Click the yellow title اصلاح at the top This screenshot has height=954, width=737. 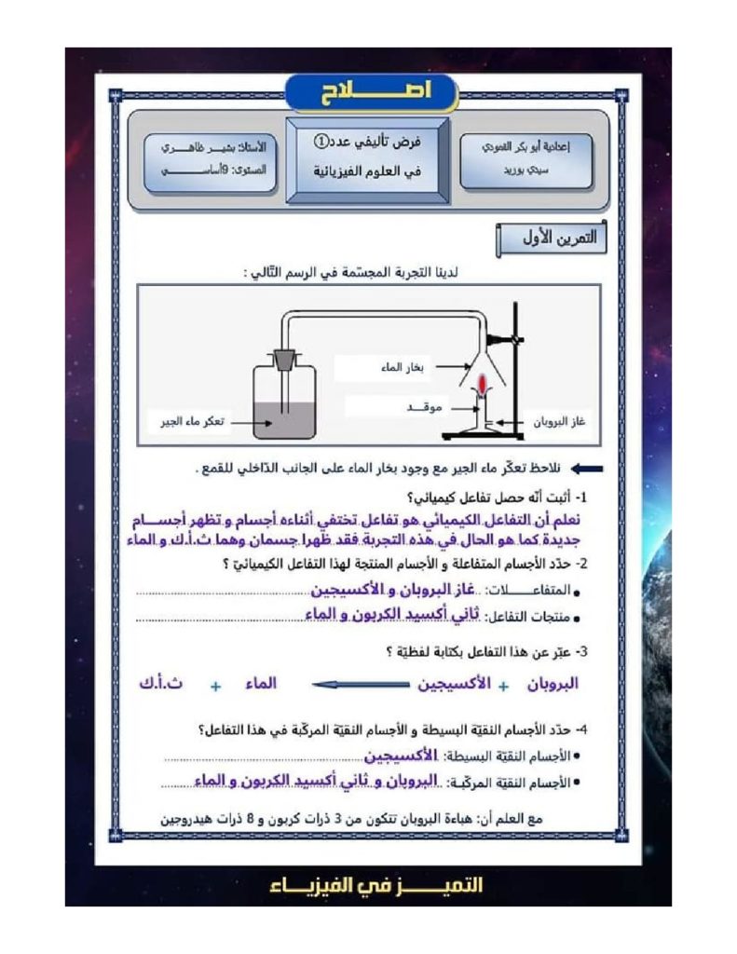point(370,90)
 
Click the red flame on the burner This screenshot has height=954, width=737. point(484,384)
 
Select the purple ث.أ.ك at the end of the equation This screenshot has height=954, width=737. point(159,684)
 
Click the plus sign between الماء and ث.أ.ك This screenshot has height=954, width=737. point(215,687)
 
